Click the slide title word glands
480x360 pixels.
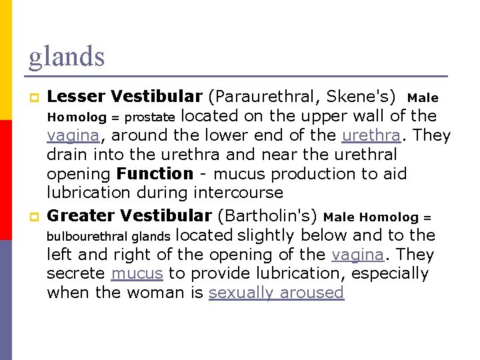click(66, 57)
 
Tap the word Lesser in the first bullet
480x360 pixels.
click(76, 97)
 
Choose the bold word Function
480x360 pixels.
click(155, 174)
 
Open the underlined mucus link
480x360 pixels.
click(137, 273)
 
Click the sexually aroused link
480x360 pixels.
click(276, 293)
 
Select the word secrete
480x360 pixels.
click(76, 273)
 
